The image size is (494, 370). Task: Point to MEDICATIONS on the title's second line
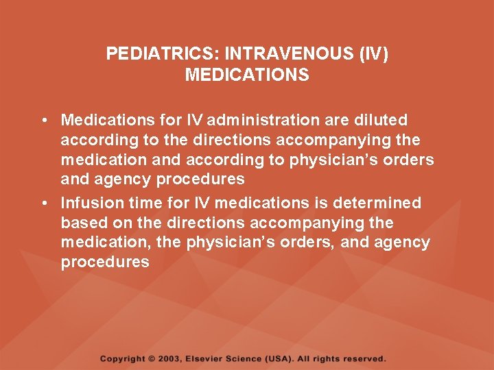tap(247, 75)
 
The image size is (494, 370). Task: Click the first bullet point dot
tap(43, 121)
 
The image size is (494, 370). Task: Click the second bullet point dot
tap(43, 203)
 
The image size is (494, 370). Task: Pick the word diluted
tap(378, 121)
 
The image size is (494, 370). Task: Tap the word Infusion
tap(90, 203)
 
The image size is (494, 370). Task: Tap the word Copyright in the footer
tap(123, 358)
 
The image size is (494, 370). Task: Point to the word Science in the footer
tap(252, 358)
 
